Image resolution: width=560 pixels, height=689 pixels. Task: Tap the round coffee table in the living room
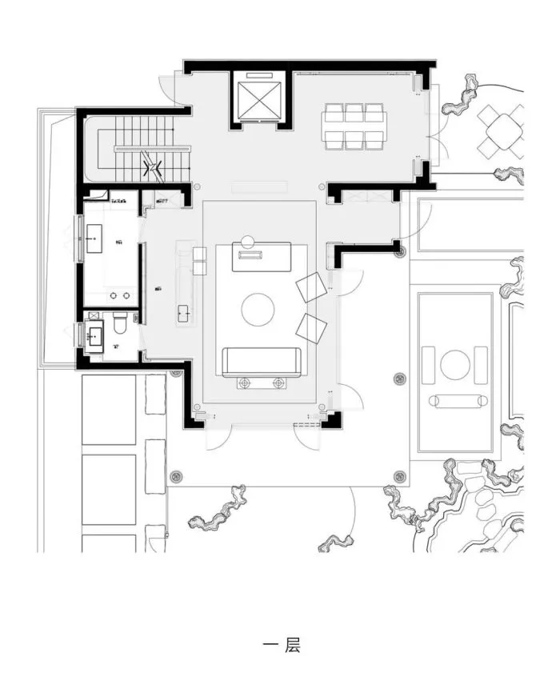[x=258, y=310]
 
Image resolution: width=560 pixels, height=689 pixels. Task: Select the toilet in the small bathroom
[x=120, y=324]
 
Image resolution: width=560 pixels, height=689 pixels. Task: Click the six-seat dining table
[x=354, y=126]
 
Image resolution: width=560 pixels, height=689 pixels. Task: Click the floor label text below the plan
[x=281, y=644]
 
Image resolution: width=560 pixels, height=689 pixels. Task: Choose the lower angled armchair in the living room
[x=311, y=328]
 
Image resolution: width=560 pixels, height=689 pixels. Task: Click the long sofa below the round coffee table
[x=261, y=362]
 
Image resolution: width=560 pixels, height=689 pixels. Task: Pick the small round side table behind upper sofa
[x=248, y=240]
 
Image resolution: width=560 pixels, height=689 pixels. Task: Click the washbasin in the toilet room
[x=95, y=334]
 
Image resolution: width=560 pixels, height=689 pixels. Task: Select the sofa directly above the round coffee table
[x=262, y=257]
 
